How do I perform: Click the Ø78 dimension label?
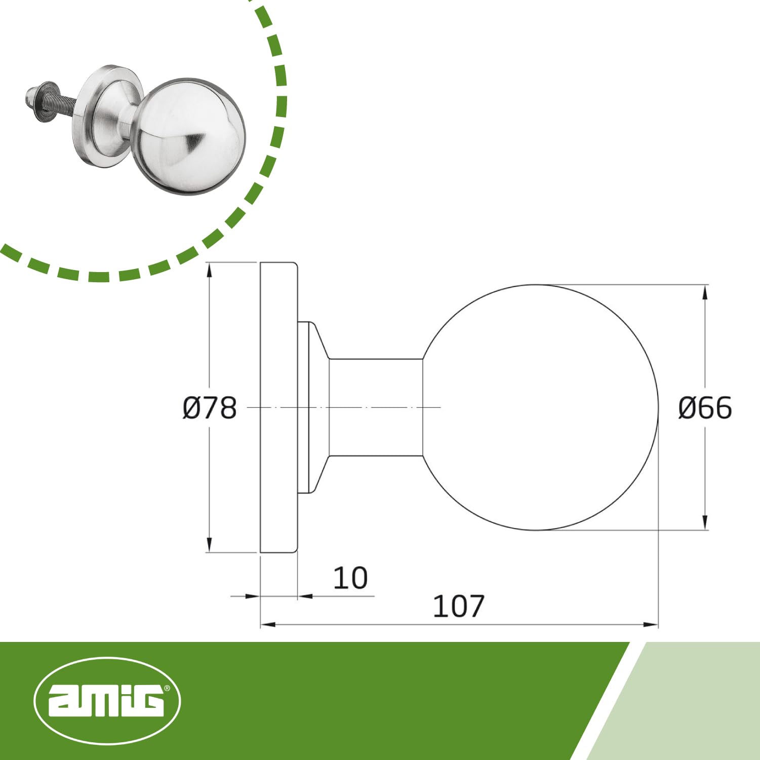pyautogui.click(x=210, y=408)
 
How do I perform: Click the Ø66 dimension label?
pyautogui.click(x=705, y=408)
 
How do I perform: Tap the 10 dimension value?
pyautogui.click(x=350, y=578)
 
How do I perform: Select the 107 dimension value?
pyautogui.click(x=459, y=606)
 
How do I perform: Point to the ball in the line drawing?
pyautogui.click(x=540, y=407)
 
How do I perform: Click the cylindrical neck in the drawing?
pyautogui.click(x=376, y=407)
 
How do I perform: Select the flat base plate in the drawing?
pyautogui.click(x=278, y=407)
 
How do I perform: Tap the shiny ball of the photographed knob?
pyautogui.click(x=188, y=136)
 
